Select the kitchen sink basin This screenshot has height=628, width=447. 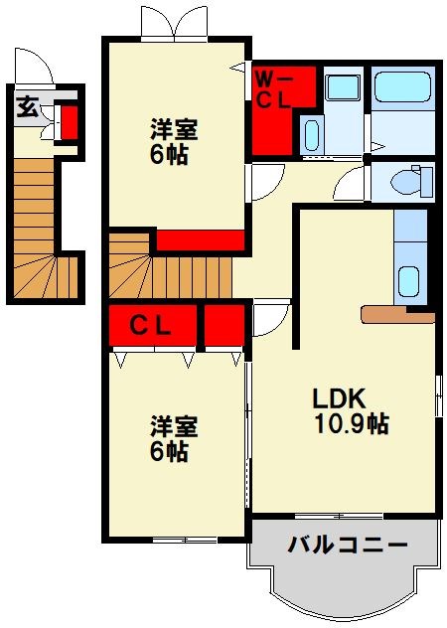409,282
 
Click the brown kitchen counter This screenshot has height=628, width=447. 397,315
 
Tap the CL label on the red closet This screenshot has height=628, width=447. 151,324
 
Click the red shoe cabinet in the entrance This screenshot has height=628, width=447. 71,120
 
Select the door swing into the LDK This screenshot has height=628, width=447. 268,319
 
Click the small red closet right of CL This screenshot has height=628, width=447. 224,325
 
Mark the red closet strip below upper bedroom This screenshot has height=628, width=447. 200,239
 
